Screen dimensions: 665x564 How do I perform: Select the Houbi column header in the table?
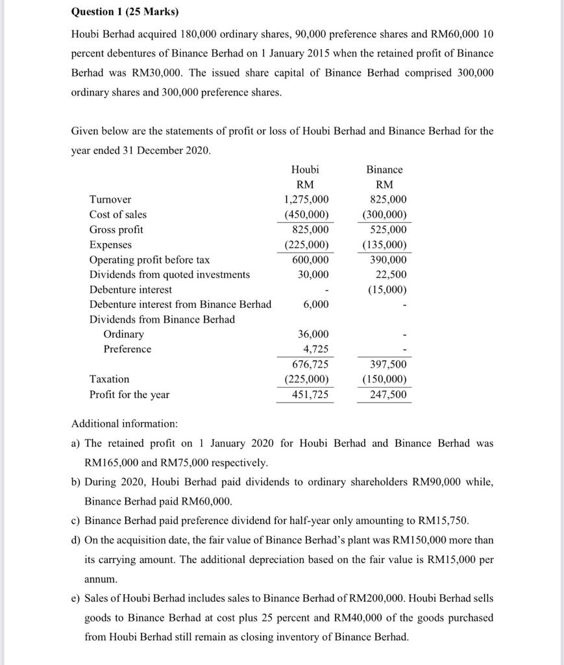click(x=305, y=169)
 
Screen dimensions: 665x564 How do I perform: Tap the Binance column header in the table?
click(x=384, y=169)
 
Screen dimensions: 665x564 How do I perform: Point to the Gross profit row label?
click(x=116, y=229)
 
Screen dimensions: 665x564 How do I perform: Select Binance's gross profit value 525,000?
click(x=388, y=229)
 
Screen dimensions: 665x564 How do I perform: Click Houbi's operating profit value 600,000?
click(x=310, y=260)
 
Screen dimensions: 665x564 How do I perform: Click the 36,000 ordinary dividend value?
click(x=313, y=334)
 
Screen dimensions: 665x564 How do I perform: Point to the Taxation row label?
click(x=109, y=379)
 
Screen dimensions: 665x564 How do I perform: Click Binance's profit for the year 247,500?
click(x=388, y=394)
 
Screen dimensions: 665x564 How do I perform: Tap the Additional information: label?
click(x=124, y=423)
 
